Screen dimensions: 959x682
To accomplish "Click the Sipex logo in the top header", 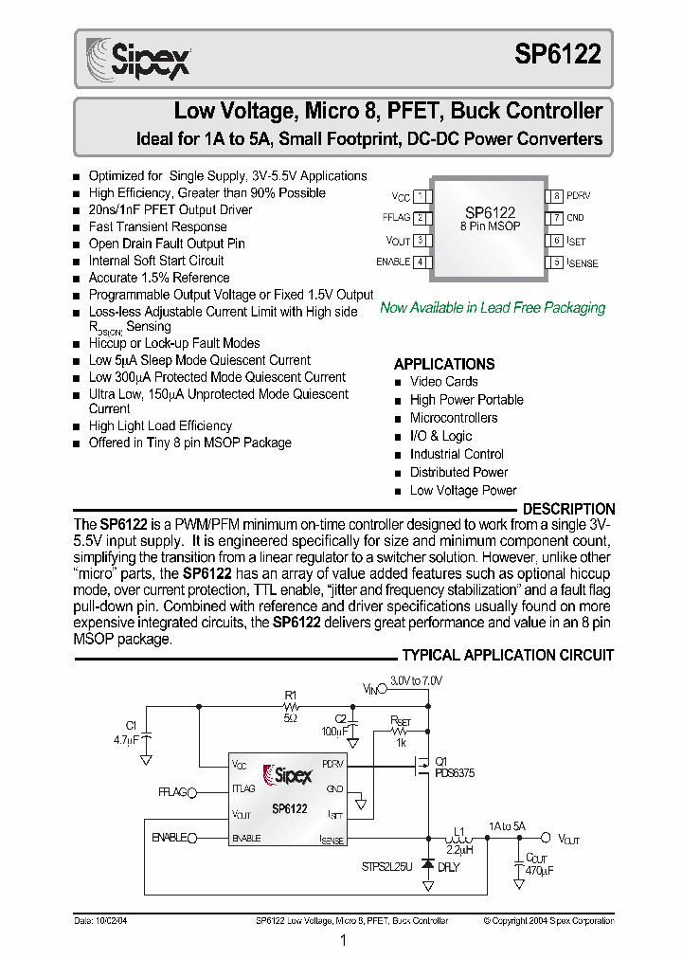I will (139, 58).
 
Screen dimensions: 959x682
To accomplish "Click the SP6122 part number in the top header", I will (558, 55).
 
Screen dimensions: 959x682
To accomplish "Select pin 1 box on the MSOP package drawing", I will (419, 196).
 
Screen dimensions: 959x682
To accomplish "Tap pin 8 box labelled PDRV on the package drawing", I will (558, 196).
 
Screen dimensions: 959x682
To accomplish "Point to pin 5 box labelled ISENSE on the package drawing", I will (558, 262).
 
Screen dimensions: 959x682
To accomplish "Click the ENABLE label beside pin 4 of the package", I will (393, 262).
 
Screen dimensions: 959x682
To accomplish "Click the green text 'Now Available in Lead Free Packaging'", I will (492, 307).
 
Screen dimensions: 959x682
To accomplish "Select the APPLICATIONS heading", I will (443, 364).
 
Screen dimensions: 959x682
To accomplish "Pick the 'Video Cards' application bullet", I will (443, 382).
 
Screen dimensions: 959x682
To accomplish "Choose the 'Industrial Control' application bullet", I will (457, 454).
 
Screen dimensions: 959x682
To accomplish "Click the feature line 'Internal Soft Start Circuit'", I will (156, 261).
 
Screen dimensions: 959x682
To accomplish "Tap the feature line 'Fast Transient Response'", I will (157, 226).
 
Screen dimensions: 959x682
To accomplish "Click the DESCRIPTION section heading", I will (568, 509).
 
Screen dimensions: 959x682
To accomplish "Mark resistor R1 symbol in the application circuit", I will (291, 707).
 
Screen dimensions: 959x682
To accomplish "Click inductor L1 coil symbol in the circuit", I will (458, 839).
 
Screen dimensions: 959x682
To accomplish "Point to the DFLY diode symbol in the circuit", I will (427, 864).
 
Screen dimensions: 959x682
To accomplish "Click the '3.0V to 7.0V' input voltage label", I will (415, 680).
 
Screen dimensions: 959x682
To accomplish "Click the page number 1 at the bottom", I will (342, 941).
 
